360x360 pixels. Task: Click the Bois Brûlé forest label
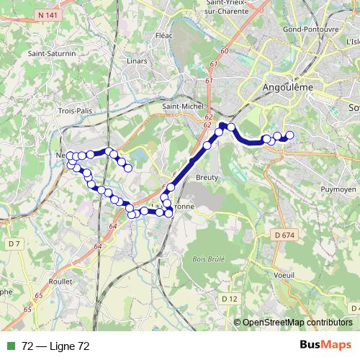(x=209, y=258)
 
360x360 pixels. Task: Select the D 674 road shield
(x=285, y=235)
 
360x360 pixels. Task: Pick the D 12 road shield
(x=229, y=298)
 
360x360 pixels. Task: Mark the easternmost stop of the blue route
(x=291, y=135)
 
